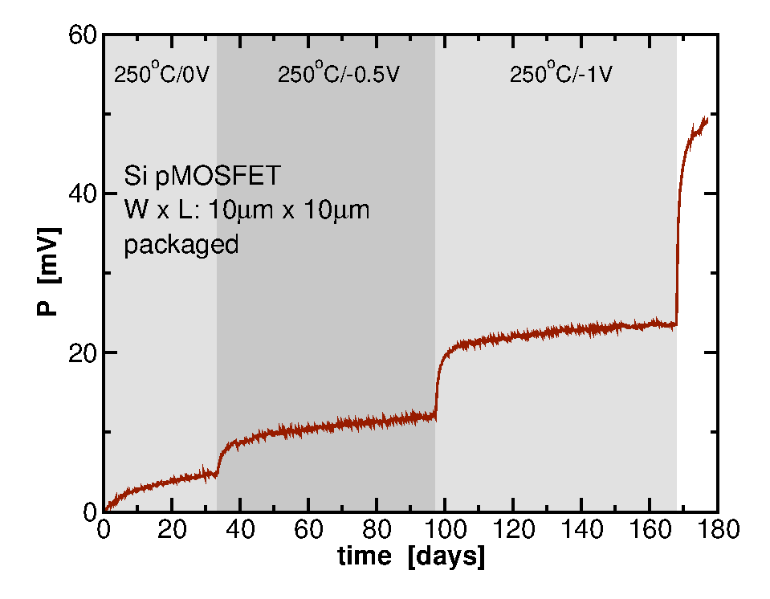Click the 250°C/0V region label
(161, 75)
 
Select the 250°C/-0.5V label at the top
(338, 75)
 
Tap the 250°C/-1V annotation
(561, 75)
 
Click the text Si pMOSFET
(191, 174)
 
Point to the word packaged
(181, 244)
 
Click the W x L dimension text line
(246, 210)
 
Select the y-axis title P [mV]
(49, 273)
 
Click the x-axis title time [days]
(411, 556)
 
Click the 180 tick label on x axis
(718, 530)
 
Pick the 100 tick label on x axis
(445, 530)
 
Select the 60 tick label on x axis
(308, 530)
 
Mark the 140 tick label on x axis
(581, 530)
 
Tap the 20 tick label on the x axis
(172, 530)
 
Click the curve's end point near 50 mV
(706, 119)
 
